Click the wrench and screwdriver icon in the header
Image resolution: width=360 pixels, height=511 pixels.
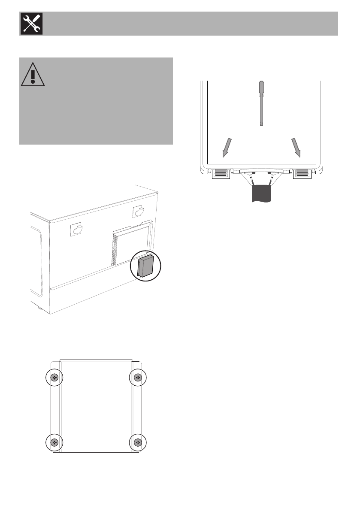tap(30, 24)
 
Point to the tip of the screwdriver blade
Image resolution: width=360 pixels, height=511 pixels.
tap(261, 124)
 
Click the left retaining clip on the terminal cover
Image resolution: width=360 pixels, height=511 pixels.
tap(221, 173)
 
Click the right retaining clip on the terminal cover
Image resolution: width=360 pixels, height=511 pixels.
tap(302, 173)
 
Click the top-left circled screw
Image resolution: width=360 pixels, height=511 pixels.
tap(54, 377)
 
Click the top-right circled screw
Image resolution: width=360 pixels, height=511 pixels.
tap(138, 377)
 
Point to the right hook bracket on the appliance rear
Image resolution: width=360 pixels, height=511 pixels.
tap(139, 212)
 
